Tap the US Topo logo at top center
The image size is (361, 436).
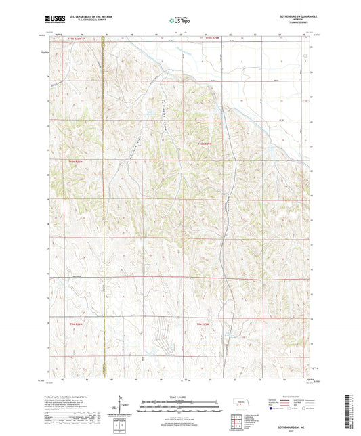179,21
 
